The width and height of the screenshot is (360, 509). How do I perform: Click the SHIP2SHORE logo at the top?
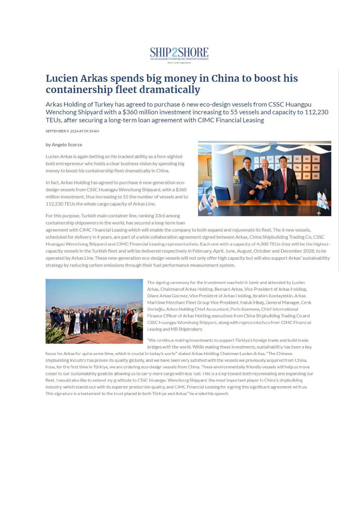coord(179,53)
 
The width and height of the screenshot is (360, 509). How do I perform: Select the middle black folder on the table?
coord(264,201)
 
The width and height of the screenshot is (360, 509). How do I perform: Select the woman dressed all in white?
coord(77,322)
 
